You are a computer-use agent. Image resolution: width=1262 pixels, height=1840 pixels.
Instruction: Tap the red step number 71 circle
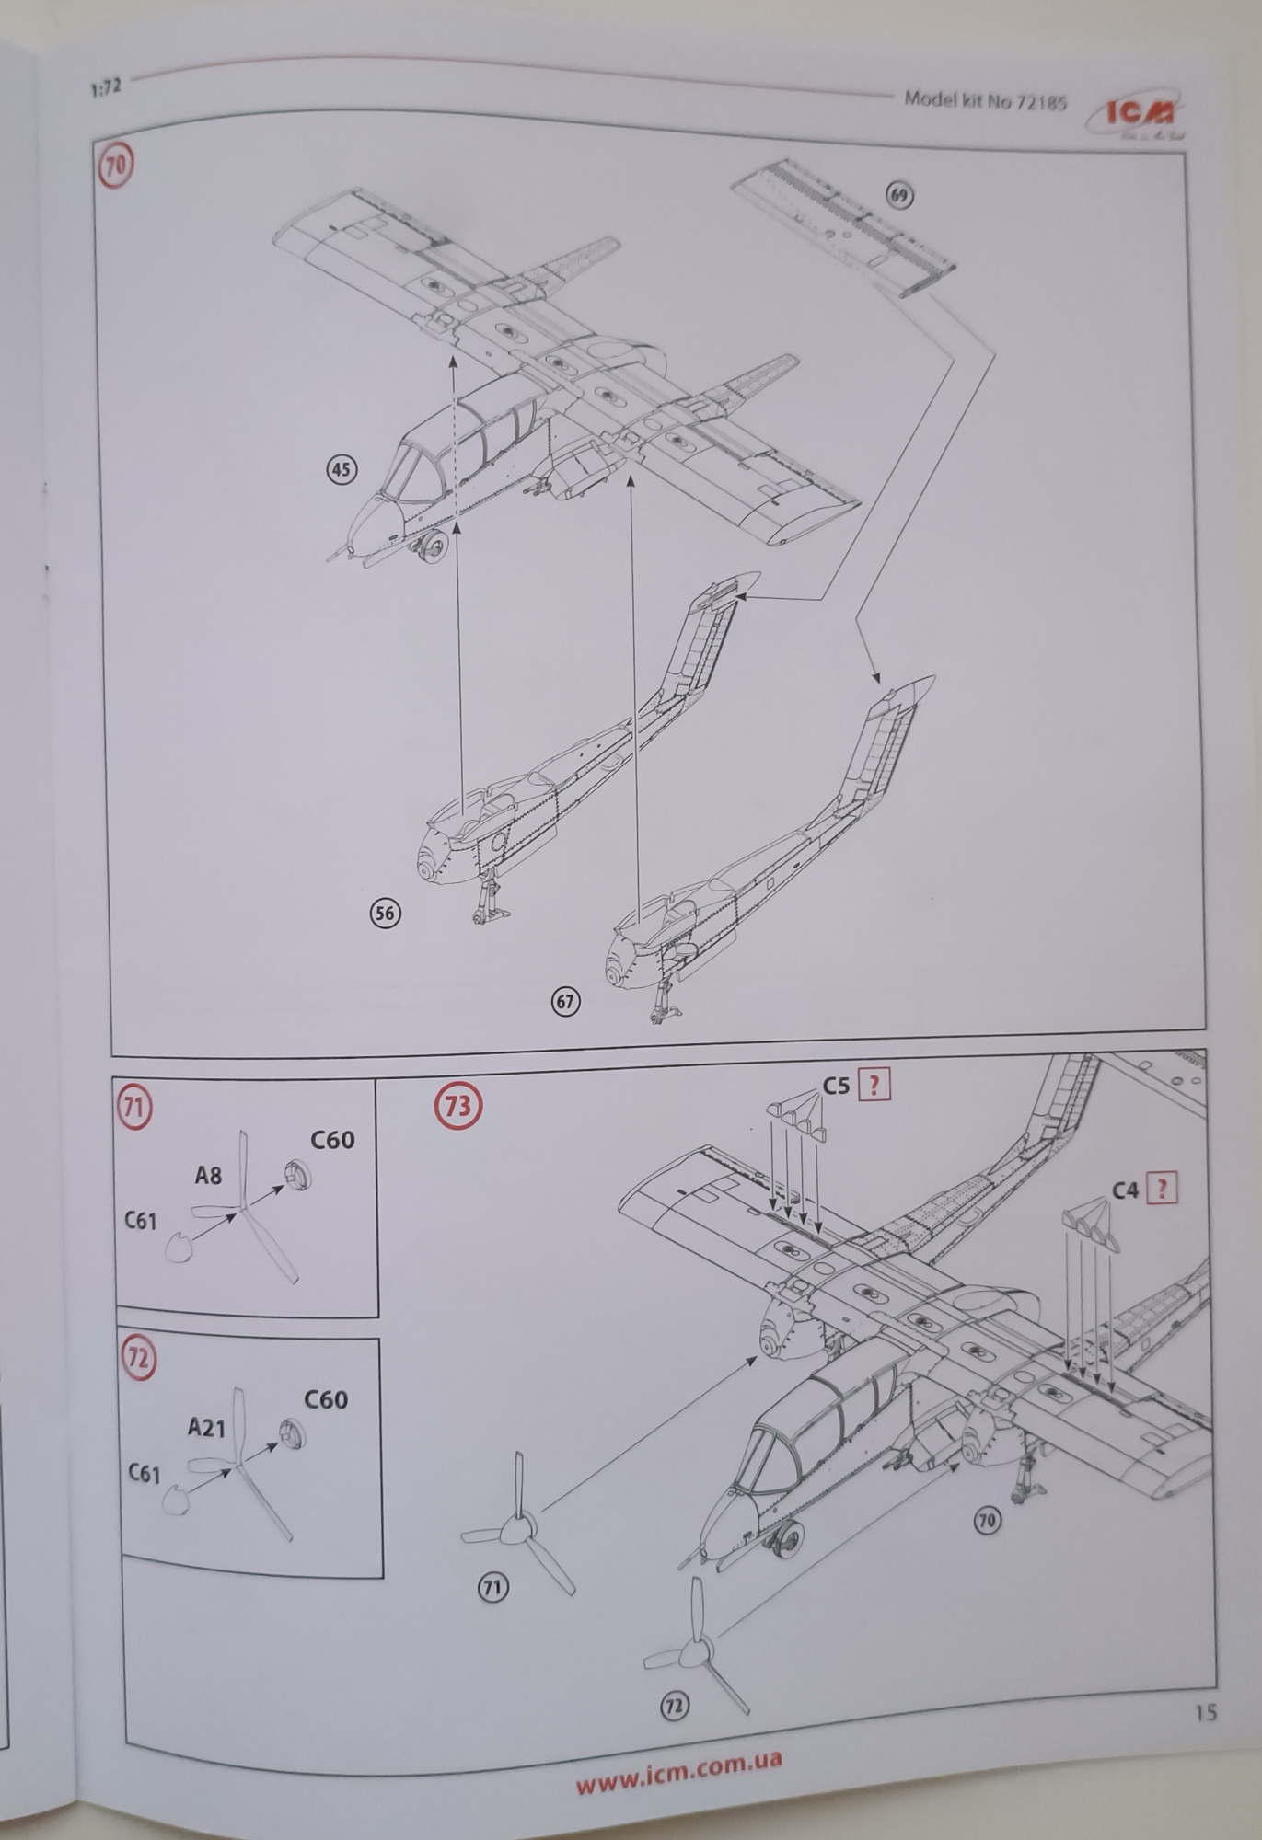click(x=133, y=1106)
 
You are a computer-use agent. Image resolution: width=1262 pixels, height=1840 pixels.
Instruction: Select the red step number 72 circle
click(x=138, y=1359)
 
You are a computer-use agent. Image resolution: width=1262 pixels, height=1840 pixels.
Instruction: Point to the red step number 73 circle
click(x=457, y=1105)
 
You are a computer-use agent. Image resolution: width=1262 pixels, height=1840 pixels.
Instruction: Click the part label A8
click(x=208, y=1175)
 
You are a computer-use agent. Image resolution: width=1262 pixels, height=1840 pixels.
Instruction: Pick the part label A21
click(x=206, y=1427)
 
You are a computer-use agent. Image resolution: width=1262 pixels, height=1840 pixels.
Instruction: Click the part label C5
click(x=835, y=1086)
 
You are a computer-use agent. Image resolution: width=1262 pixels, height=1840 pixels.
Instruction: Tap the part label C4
click(x=1125, y=1190)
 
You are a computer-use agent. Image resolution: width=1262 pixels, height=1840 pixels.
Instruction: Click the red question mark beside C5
click(x=874, y=1086)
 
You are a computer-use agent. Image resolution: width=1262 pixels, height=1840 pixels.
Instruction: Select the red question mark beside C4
click(x=1162, y=1190)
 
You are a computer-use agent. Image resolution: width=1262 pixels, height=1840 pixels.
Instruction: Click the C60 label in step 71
click(x=331, y=1140)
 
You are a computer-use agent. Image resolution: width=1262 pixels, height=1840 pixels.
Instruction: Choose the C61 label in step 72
click(x=144, y=1474)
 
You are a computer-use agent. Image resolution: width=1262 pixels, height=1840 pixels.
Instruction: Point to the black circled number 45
click(x=342, y=470)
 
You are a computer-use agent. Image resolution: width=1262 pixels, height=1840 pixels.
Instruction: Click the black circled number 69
click(x=899, y=194)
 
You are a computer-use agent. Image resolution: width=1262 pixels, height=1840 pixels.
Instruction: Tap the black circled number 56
click(x=385, y=913)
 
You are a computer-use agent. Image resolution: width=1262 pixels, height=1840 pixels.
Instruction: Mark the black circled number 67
click(x=565, y=1001)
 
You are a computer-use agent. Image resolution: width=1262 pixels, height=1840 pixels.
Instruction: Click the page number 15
click(x=1205, y=1713)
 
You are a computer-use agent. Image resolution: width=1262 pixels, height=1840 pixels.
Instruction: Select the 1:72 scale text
click(x=107, y=88)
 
